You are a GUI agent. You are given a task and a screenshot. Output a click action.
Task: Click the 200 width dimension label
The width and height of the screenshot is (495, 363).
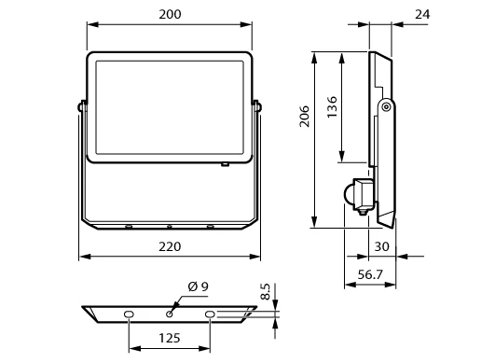pyautogui.click(x=170, y=15)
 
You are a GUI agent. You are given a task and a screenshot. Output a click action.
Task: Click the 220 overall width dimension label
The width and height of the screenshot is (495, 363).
pyautogui.click(x=170, y=246)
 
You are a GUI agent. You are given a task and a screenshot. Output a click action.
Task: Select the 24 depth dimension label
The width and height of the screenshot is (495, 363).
pyautogui.click(x=422, y=15)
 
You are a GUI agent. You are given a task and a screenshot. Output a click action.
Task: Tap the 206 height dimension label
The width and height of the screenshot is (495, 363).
pyautogui.click(x=305, y=117)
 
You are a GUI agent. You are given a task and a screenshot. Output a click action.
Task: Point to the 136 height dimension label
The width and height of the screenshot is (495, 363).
pyautogui.click(x=332, y=107)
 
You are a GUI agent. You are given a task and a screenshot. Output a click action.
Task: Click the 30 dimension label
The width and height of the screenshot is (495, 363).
pyautogui.click(x=381, y=246)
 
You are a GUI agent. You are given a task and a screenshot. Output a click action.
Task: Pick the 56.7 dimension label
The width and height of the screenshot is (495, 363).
pyautogui.click(x=370, y=275)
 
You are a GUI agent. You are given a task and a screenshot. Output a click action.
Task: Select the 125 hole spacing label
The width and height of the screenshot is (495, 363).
pyautogui.click(x=170, y=339)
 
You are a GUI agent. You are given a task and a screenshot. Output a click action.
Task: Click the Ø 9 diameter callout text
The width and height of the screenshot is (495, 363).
pyautogui.click(x=199, y=286)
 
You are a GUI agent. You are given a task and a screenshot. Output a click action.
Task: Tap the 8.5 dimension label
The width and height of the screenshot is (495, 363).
pyautogui.click(x=266, y=291)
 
